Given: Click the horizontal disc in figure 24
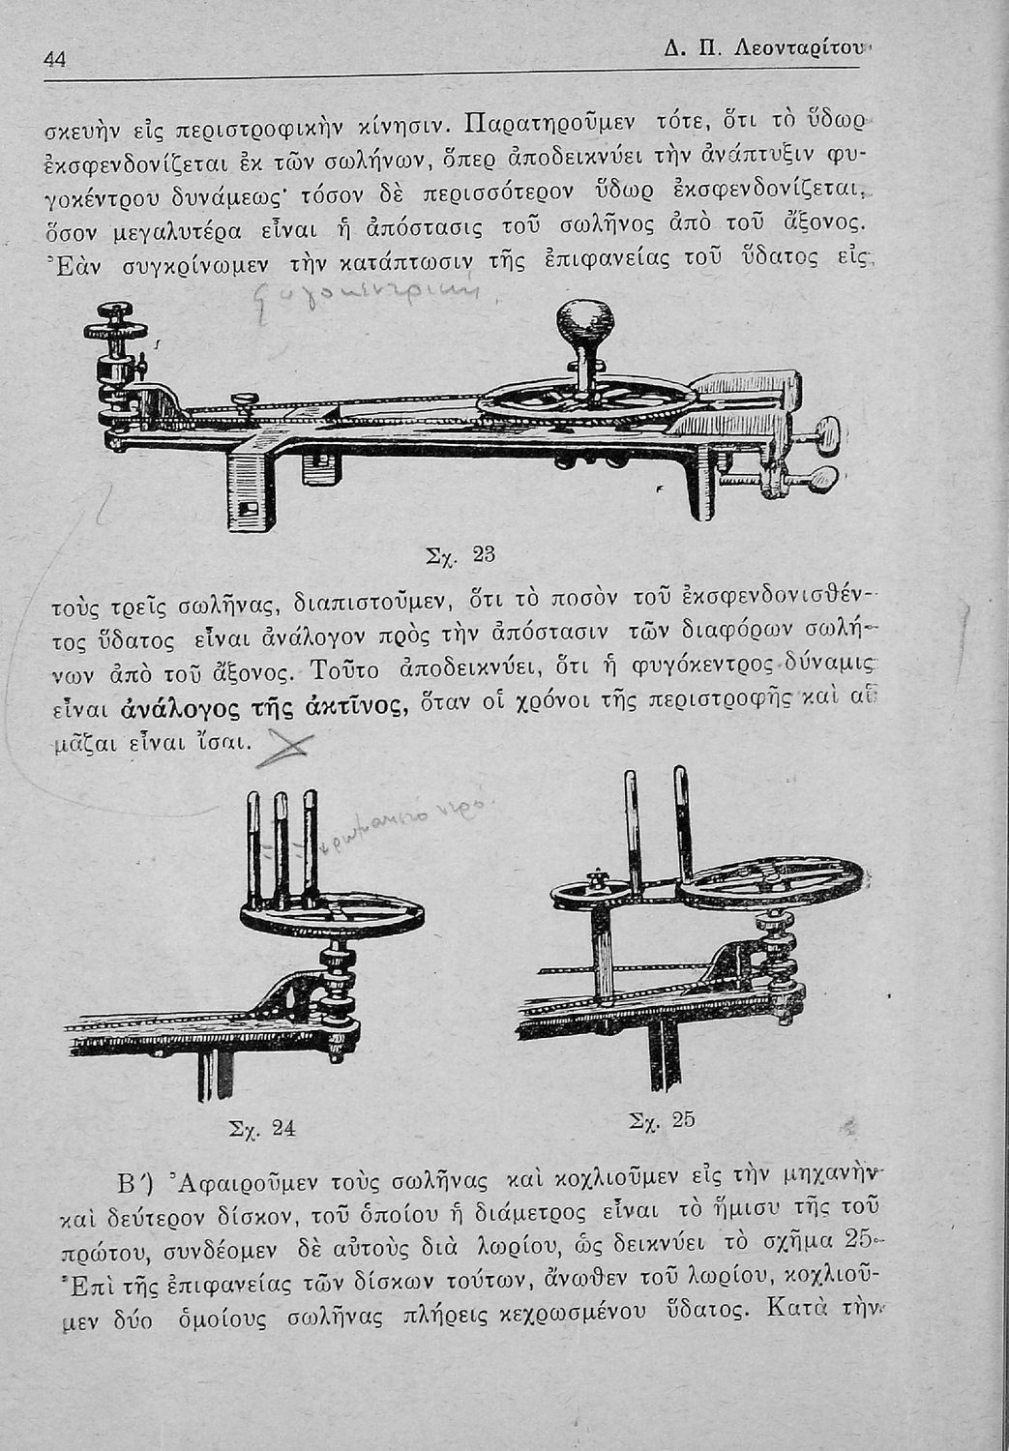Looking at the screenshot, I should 331,920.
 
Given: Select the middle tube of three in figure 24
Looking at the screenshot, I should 282,842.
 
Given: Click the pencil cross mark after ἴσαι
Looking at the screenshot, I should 283,745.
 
